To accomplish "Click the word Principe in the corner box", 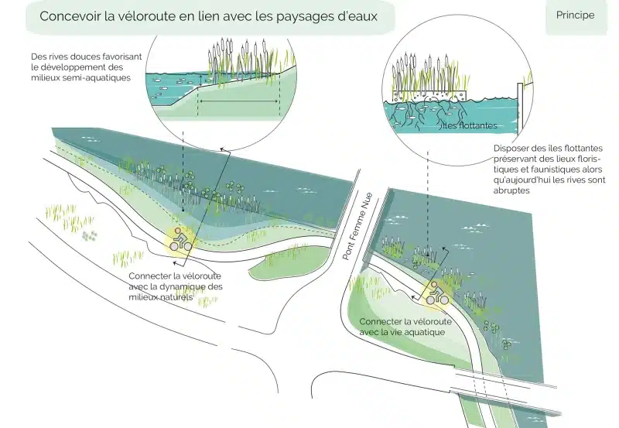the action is click(x=575, y=15).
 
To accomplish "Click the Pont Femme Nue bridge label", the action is click(x=357, y=226).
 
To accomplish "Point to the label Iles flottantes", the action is click(x=468, y=125).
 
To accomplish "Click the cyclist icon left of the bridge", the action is click(x=181, y=240).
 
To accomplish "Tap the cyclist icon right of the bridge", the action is click(x=437, y=293).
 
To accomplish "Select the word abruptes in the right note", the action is click(x=511, y=190).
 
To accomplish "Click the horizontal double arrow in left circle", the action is click(x=238, y=101).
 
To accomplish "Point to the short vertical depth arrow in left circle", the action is click(x=201, y=81).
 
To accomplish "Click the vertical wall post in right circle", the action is click(x=520, y=105).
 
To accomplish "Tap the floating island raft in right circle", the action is click(x=429, y=94).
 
